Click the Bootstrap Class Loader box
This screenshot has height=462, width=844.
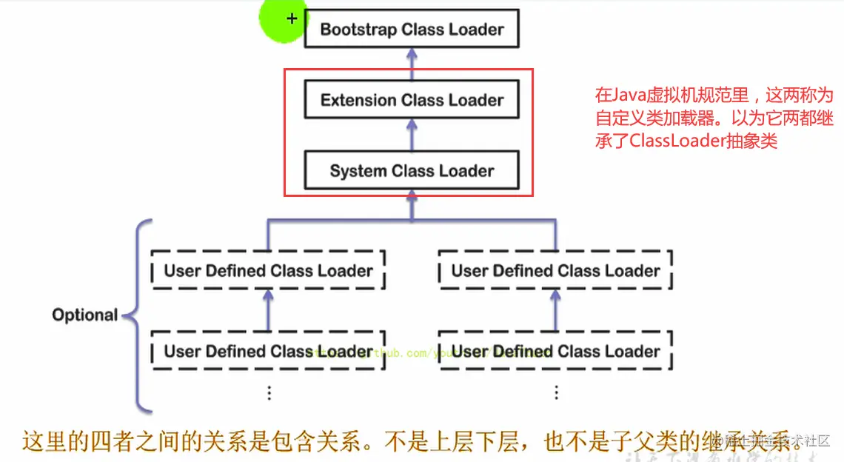(412, 30)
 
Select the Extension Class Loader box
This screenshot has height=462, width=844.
(412, 101)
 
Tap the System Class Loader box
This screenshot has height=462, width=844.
(412, 171)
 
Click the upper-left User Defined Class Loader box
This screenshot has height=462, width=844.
(268, 271)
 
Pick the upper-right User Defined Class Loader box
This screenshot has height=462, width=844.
(555, 271)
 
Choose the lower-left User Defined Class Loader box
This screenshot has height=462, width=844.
(268, 351)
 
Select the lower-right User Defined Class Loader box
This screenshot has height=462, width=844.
(555, 351)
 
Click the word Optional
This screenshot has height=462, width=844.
(84, 315)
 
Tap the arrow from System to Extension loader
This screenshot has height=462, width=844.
(412, 135)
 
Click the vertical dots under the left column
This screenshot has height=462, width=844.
(269, 392)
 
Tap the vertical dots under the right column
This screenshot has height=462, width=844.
(556, 392)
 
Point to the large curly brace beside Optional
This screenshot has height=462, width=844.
(138, 315)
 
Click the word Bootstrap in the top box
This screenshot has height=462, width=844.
(358, 30)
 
